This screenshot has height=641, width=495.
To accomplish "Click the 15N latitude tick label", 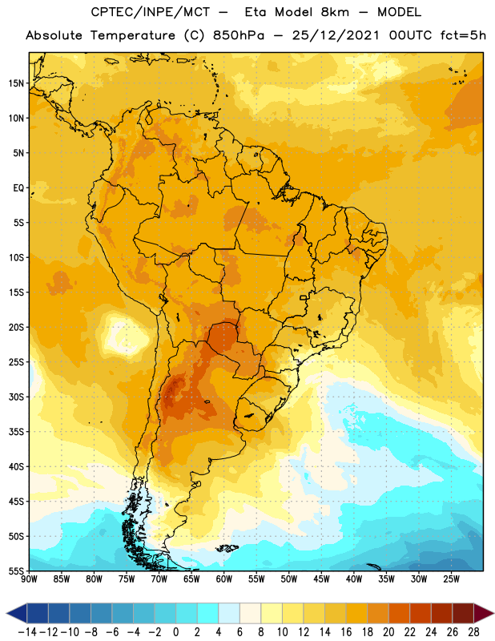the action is point(15,83).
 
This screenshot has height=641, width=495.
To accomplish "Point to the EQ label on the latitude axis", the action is point(18,188).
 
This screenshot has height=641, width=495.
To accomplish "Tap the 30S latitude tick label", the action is point(15,397).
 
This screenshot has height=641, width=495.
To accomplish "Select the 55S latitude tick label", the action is point(15,570).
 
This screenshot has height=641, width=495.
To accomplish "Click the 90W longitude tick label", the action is point(29,579).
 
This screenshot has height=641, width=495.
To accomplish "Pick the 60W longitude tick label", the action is point(224,579).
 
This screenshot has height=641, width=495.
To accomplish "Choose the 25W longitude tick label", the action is point(451,579).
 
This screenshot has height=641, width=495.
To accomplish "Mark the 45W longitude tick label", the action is point(321,579).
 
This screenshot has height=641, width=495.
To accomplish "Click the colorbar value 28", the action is point(473,632).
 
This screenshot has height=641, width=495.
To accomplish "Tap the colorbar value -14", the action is point(27,632).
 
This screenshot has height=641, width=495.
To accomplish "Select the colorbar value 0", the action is point(175,632).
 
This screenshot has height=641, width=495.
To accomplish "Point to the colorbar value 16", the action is point(346,632).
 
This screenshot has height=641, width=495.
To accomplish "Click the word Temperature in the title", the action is point(133,35).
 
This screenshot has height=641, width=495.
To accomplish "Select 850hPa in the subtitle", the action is point(239,35).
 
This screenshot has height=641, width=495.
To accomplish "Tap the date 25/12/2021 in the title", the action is point(336,35).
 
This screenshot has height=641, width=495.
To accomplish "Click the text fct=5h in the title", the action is point(463,35).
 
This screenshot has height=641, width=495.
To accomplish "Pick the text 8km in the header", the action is point(335,12).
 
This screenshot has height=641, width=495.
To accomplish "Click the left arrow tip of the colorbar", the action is point(6,614).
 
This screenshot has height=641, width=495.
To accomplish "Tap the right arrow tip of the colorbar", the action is point(493,614).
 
